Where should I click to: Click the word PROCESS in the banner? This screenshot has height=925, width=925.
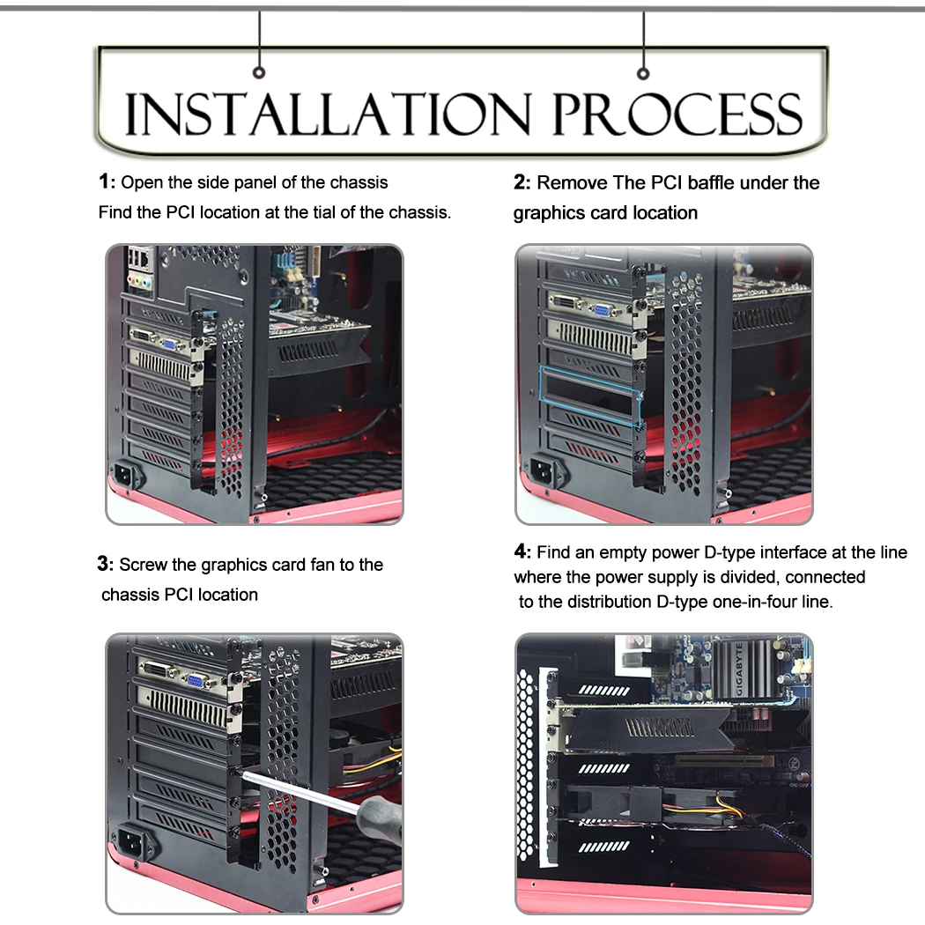point(677,114)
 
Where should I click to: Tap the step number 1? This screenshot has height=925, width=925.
point(107,181)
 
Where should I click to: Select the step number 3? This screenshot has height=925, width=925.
point(106,564)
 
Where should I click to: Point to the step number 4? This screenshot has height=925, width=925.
point(522,551)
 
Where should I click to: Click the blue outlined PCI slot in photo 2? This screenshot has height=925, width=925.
point(591,395)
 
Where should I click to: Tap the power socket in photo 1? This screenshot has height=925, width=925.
point(128,473)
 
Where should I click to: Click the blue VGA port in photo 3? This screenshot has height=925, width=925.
point(194,681)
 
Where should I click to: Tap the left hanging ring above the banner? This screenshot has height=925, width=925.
point(259,72)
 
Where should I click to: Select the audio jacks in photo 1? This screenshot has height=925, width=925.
point(140,282)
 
